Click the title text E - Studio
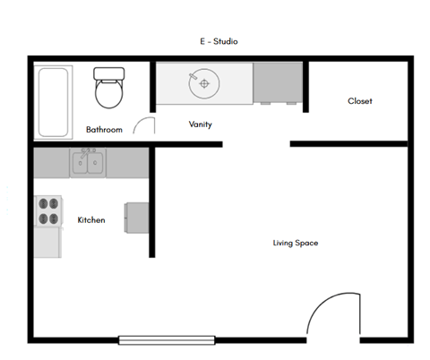[x=219, y=41]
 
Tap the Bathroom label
[x=104, y=130]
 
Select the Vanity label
[x=200, y=124]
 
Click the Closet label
[x=359, y=101]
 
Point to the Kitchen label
[x=91, y=219]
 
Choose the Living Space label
[x=296, y=243]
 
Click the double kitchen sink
[x=90, y=164]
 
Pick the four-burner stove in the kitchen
[x=47, y=210]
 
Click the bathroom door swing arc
[x=142, y=124]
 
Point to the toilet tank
[x=109, y=73]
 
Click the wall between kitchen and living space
[x=152, y=201]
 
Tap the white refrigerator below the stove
[x=47, y=242]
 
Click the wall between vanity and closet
[x=305, y=86]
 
